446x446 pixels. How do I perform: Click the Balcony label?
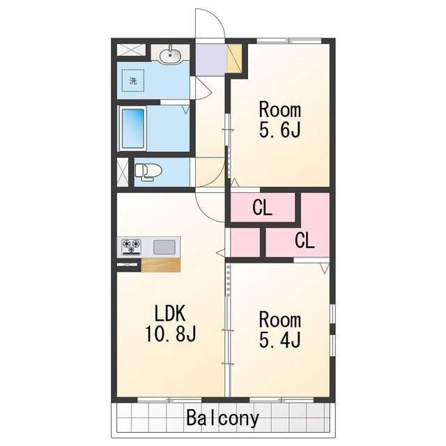(x=223, y=418)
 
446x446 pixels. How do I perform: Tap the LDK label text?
(x=170, y=313)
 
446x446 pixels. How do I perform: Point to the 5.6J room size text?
(x=280, y=130)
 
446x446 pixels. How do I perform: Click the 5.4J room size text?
(x=280, y=340)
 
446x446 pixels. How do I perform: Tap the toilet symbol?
(x=148, y=172)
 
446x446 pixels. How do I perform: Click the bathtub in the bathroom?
(x=132, y=128)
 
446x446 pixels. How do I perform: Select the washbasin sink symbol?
(x=170, y=54)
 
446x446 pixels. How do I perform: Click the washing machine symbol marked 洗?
(x=133, y=81)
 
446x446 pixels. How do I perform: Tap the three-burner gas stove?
(x=132, y=247)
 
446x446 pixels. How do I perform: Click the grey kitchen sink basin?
(x=164, y=247)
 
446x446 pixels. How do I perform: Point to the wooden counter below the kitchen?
(x=161, y=265)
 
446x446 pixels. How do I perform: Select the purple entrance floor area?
(x=211, y=59)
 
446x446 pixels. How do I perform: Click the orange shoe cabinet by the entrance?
(x=234, y=59)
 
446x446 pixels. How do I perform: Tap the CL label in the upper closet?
(x=262, y=208)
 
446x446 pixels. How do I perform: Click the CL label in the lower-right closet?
(x=305, y=240)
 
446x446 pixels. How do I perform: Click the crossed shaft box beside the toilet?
(x=123, y=172)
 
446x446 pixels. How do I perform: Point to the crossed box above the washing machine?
(x=132, y=50)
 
